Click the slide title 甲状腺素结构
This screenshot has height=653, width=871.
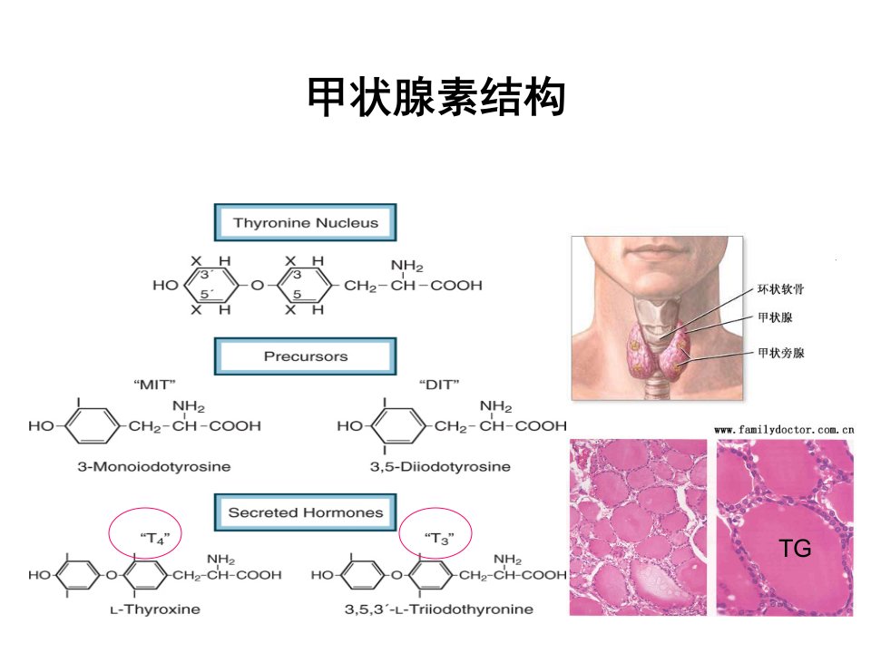[436, 97]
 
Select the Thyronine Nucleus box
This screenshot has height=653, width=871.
[306, 223]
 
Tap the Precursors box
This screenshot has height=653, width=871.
[306, 356]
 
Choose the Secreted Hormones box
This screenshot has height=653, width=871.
[306, 512]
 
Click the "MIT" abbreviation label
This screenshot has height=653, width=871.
[154, 385]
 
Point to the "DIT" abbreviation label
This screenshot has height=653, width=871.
[439, 385]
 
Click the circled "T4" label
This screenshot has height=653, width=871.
[154, 538]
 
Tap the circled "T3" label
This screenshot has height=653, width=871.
[439, 538]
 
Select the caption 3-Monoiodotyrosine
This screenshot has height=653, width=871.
[154, 466]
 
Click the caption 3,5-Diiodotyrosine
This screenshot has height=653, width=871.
[441, 466]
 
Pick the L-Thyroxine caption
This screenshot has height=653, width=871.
[155, 609]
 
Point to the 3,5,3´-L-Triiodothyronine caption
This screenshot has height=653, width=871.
[439, 609]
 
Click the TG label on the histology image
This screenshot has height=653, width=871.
[795, 549]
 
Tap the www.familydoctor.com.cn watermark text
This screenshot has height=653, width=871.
[784, 429]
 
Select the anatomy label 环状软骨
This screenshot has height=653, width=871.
[780, 288]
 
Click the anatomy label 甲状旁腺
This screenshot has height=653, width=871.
[780, 353]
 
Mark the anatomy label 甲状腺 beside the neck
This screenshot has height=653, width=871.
[775, 317]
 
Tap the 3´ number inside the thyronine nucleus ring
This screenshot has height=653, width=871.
[206, 274]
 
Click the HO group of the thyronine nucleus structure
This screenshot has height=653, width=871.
[165, 286]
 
